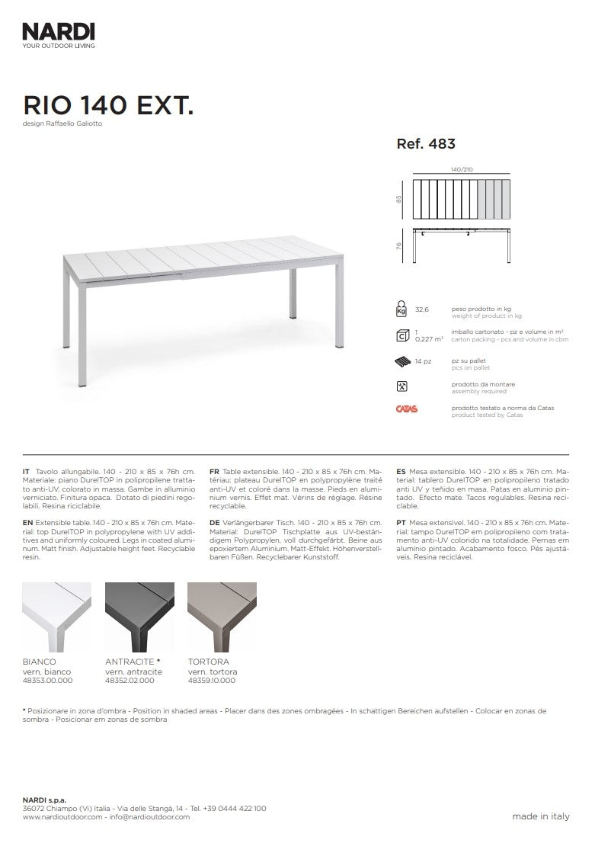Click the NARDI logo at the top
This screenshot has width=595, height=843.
(x=59, y=31)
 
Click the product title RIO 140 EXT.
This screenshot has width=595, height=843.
(x=107, y=104)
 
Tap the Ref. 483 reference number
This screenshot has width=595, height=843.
(x=426, y=143)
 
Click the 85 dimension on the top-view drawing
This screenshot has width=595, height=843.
(x=398, y=199)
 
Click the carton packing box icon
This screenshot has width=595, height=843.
(x=401, y=335)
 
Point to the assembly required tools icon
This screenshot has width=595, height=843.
(x=401, y=386)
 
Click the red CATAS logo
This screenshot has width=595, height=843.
(x=406, y=409)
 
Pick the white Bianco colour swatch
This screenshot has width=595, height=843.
(x=57, y=616)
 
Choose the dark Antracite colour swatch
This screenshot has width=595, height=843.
(x=139, y=616)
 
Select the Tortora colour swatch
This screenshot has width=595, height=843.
(x=222, y=616)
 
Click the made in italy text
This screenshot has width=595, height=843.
(x=540, y=816)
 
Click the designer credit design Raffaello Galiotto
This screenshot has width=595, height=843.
(x=62, y=123)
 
